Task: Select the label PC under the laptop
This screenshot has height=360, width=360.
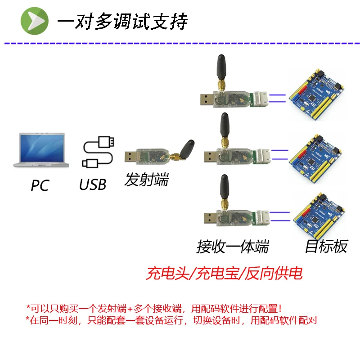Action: pyautogui.click(x=40, y=185)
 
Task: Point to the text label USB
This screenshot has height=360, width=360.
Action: pyautogui.click(x=93, y=184)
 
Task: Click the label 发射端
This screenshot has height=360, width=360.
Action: pyautogui.click(x=147, y=180)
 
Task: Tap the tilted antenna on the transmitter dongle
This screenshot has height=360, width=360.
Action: pyautogui.click(x=186, y=148)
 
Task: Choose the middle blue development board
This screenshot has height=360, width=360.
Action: pyautogui.click(x=315, y=155)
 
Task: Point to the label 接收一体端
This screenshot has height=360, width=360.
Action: pyautogui.click(x=233, y=247)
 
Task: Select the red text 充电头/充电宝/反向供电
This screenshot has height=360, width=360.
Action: pyautogui.click(x=224, y=273)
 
